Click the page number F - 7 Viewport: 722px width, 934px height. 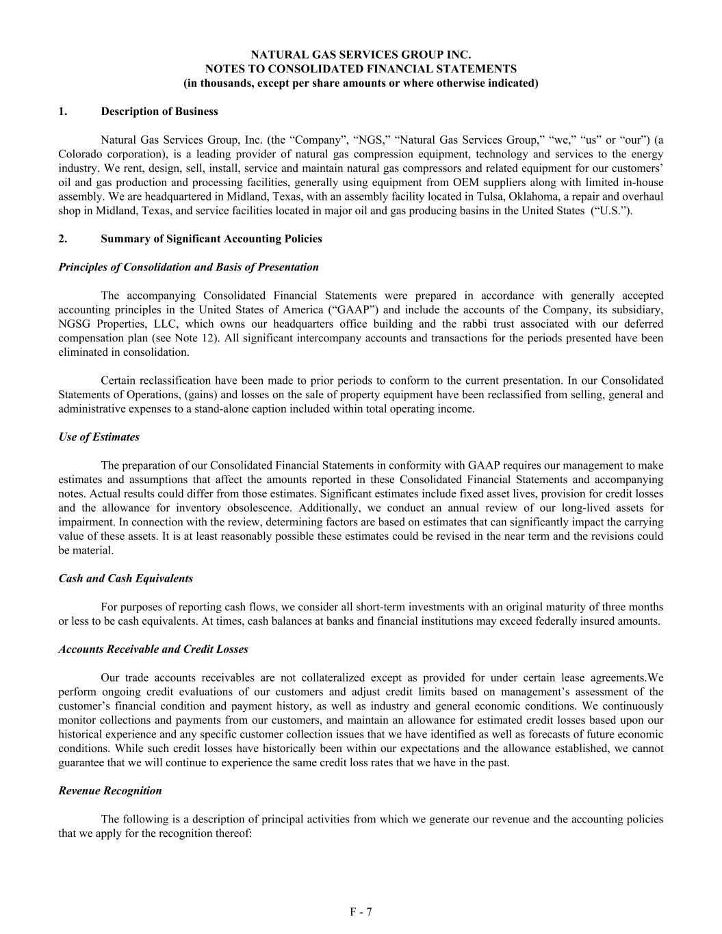[x=361, y=911]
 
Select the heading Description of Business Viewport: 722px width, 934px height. [x=159, y=112]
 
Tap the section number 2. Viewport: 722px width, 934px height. [x=63, y=239]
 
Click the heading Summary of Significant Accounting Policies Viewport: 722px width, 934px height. [x=211, y=239]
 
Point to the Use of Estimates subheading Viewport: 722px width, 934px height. [x=99, y=437]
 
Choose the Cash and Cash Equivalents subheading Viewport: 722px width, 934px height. [x=126, y=579]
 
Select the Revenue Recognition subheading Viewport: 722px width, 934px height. [x=110, y=791]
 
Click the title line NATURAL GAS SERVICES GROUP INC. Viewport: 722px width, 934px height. [x=361, y=55]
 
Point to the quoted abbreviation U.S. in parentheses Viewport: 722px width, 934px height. [x=611, y=211]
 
